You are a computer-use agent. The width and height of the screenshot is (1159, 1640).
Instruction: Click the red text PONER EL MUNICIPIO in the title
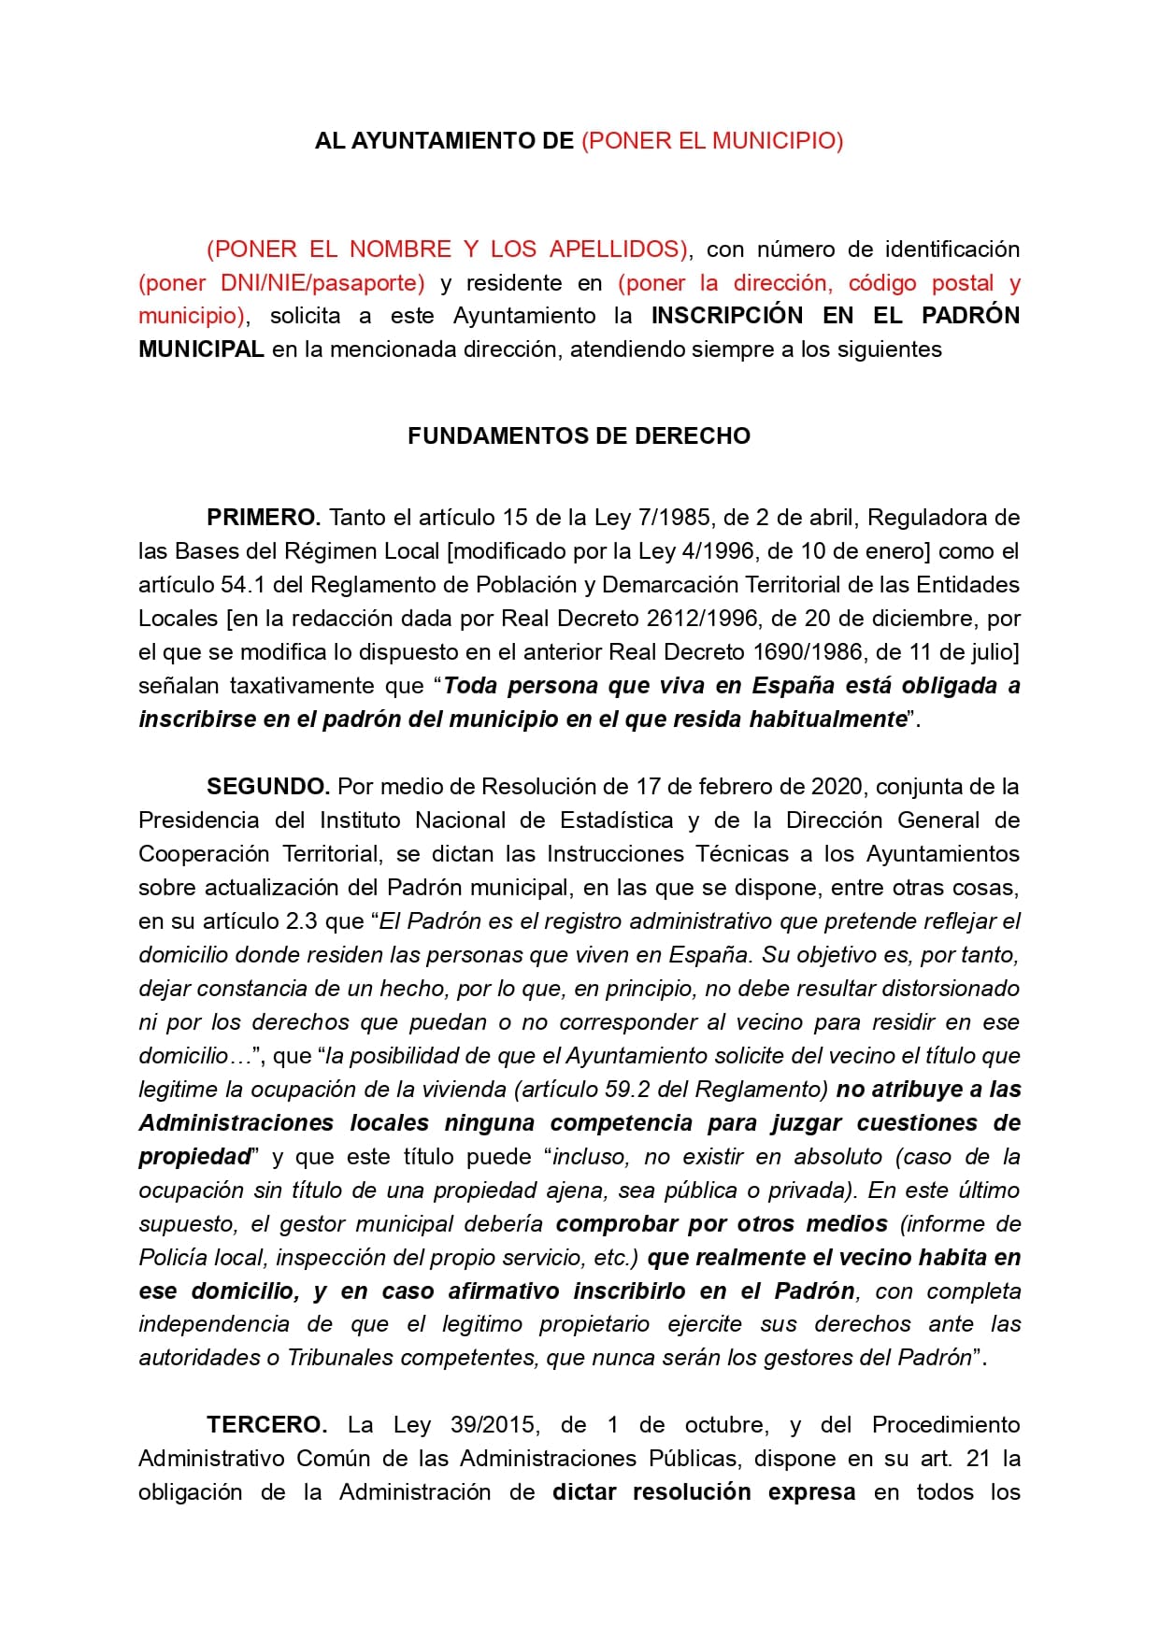pyautogui.click(x=712, y=141)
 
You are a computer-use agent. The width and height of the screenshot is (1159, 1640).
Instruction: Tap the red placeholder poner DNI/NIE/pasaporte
pyautogui.click(x=281, y=283)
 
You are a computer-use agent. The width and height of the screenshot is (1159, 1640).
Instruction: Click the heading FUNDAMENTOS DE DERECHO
pyautogui.click(x=579, y=436)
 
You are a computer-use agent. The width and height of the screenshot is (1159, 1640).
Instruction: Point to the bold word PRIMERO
pyautogui.click(x=264, y=518)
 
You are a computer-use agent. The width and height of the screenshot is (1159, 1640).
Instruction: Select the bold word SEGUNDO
pyautogui.click(x=268, y=787)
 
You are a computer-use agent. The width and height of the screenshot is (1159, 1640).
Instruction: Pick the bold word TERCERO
pyautogui.click(x=266, y=1425)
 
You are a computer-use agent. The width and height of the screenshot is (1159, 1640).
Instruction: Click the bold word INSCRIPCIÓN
pyautogui.click(x=726, y=316)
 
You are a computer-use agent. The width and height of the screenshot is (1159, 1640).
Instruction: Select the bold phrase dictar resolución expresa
pyautogui.click(x=703, y=1492)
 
